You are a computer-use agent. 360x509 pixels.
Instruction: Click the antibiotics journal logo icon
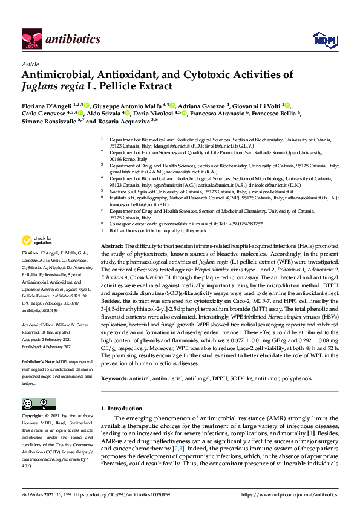point(31,39)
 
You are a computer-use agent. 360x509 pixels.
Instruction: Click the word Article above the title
point(29,63)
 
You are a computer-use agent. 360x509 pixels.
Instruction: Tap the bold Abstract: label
point(112,247)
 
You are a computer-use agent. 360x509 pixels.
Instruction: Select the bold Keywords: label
point(114,378)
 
